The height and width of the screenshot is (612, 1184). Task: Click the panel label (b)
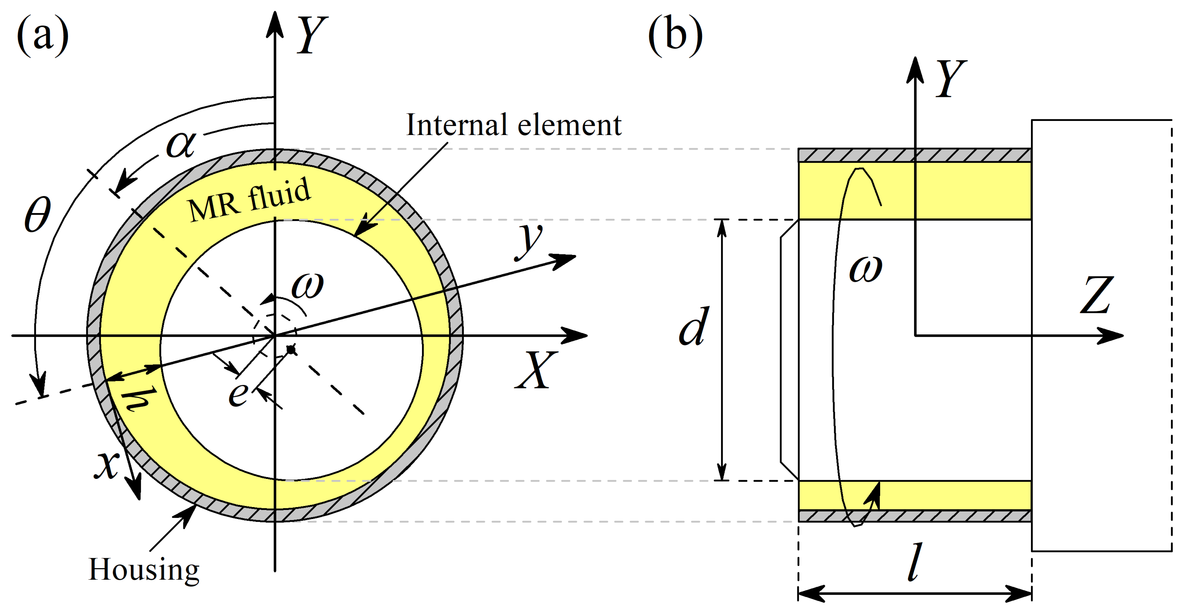(675, 35)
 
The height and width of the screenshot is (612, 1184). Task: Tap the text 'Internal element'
(513, 125)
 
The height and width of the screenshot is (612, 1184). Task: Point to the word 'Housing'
(143, 570)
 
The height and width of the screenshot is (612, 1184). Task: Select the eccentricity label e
(238, 394)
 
